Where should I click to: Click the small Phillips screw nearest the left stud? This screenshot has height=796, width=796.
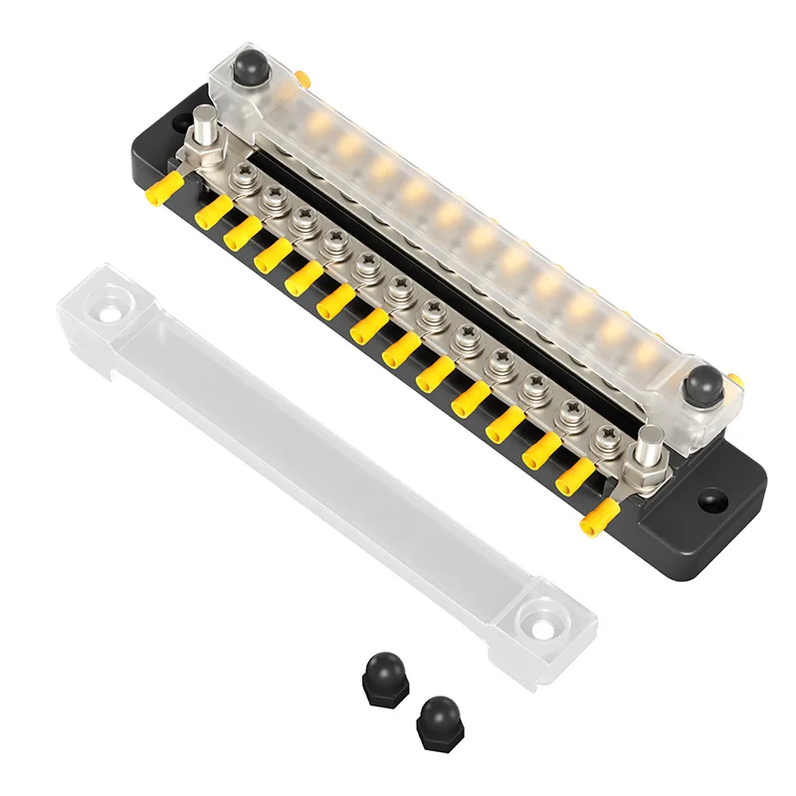click(241, 178)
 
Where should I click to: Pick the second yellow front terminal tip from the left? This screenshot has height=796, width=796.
click(209, 209)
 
